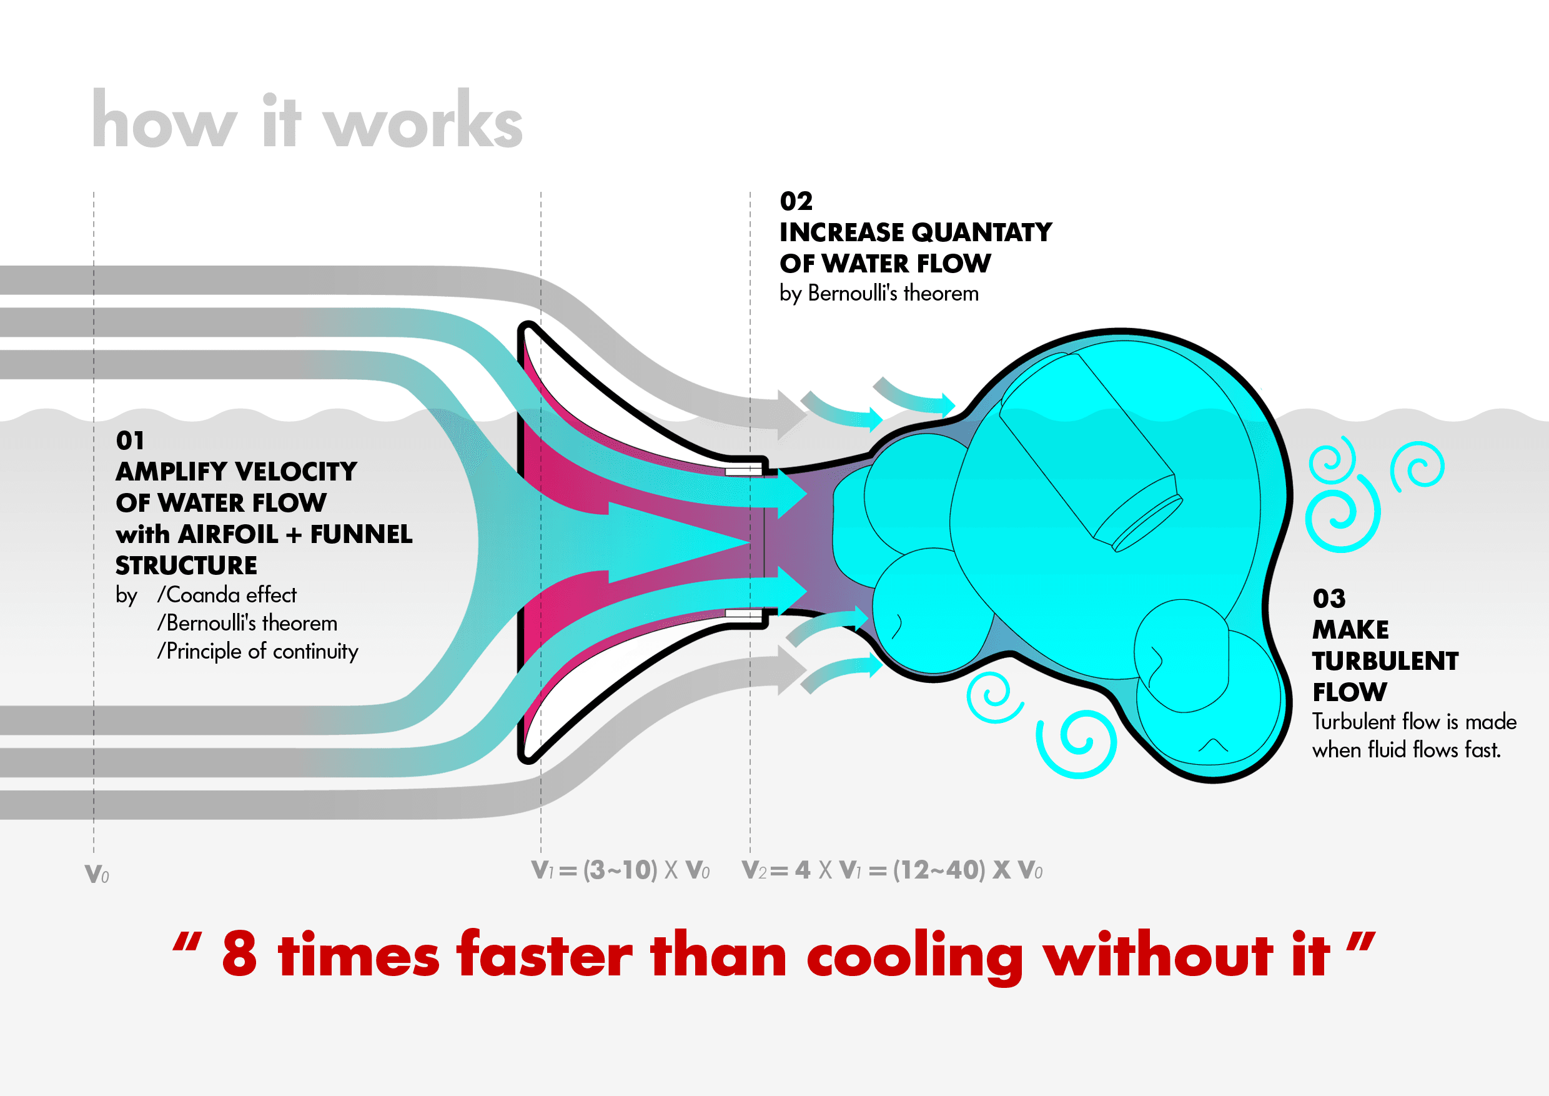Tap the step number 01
coord(129,441)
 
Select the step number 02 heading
coord(796,201)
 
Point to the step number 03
coord(1329,599)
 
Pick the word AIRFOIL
coord(227,534)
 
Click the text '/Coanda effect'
coord(227,595)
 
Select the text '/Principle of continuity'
coord(257,651)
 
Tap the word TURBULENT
coord(1385,661)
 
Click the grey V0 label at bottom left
coord(96,874)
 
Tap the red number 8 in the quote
coord(239,954)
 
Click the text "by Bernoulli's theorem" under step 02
coord(878,294)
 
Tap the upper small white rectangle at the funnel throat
coord(743,471)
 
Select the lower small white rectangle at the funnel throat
coord(743,614)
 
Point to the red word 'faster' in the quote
coord(545,954)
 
